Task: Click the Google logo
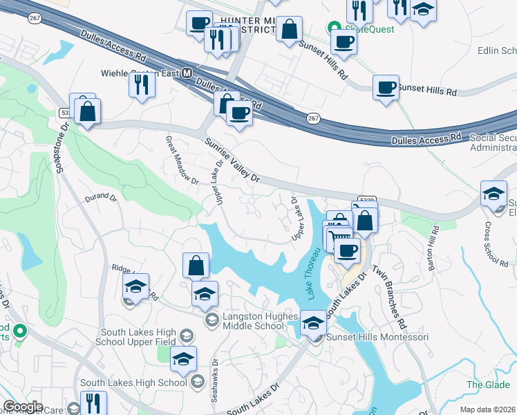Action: click(x=23, y=407)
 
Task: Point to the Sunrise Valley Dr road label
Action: click(x=232, y=160)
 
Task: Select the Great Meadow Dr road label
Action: click(x=181, y=160)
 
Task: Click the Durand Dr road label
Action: click(x=101, y=197)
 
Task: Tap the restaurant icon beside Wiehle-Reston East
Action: click(x=142, y=84)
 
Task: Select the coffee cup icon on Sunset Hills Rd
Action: click(x=386, y=88)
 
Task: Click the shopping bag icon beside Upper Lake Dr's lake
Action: click(x=196, y=265)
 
